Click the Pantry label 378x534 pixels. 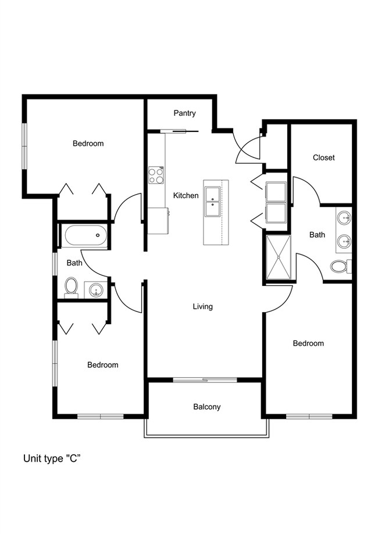point(184,113)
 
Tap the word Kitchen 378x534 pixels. point(186,195)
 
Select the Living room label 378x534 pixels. point(203,306)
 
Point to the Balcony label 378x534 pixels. point(207,407)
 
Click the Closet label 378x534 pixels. point(324,157)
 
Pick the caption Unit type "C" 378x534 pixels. point(52,458)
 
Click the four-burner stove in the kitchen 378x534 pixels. point(156,175)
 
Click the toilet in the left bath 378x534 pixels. point(71,288)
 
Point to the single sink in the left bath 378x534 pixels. point(95,290)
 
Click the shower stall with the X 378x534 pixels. point(279,257)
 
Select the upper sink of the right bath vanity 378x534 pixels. point(344,217)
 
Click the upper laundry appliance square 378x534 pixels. point(276,192)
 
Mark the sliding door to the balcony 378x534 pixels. point(205,379)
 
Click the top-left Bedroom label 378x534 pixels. point(88,144)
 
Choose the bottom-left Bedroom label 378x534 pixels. point(103,365)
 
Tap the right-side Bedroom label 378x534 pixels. point(308,343)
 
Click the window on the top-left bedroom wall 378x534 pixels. point(24,146)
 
